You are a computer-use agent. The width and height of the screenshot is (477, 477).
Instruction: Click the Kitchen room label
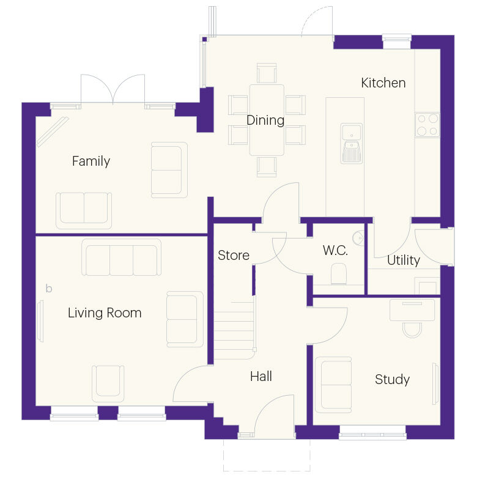click(x=383, y=83)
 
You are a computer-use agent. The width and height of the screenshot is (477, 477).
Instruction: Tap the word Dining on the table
click(x=265, y=120)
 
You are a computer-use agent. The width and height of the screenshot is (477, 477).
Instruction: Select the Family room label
click(x=91, y=161)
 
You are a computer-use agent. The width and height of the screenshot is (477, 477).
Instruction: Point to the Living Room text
click(x=105, y=313)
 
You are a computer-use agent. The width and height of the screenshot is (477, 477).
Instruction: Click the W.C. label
click(x=335, y=250)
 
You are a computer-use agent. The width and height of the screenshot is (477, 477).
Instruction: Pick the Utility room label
click(x=404, y=261)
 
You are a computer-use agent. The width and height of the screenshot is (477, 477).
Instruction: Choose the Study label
click(x=392, y=380)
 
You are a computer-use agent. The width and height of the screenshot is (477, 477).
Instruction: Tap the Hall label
click(x=261, y=377)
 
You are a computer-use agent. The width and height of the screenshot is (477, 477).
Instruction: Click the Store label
click(x=234, y=255)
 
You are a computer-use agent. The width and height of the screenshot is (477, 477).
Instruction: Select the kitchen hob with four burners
click(x=427, y=125)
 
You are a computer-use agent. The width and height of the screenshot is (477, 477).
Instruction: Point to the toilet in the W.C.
click(x=338, y=273)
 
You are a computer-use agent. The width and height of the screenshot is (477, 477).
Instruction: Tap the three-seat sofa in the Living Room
click(x=122, y=258)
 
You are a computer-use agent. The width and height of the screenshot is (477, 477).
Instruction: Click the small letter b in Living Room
click(x=49, y=288)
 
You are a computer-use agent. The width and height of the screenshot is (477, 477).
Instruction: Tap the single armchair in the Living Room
click(x=108, y=383)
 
